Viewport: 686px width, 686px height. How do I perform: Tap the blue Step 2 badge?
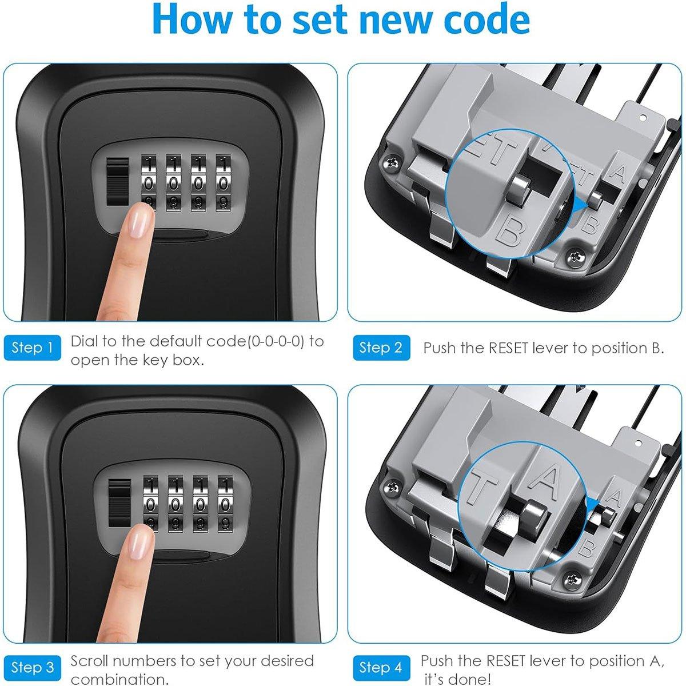[x=381, y=348]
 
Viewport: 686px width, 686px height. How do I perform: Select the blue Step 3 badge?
[x=33, y=668]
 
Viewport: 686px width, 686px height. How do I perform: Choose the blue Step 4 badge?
[x=381, y=668]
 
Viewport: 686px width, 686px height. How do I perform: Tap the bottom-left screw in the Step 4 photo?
[x=394, y=486]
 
